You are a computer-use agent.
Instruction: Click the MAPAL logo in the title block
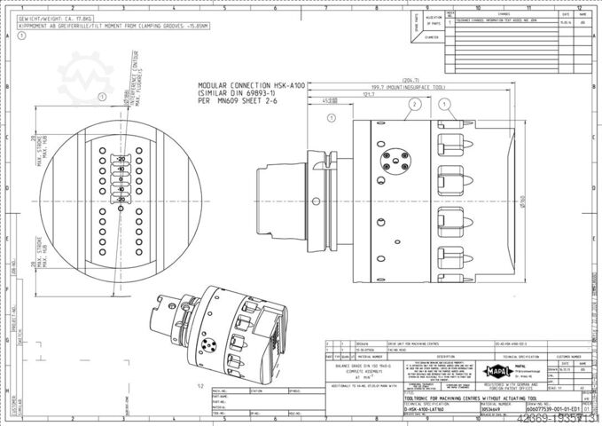pyautogui.click(x=493, y=375)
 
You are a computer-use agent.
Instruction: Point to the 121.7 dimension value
pyautogui.click(x=368, y=94)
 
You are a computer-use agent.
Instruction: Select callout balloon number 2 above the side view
pyautogui.click(x=412, y=104)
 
